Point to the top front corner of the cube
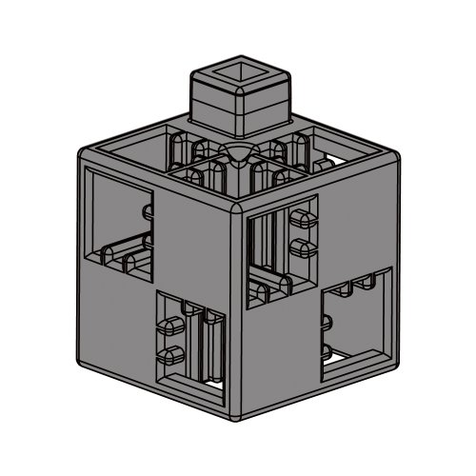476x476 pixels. coord(238,203)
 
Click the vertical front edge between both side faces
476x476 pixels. coord(238,314)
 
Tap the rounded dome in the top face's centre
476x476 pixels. coord(238,154)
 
